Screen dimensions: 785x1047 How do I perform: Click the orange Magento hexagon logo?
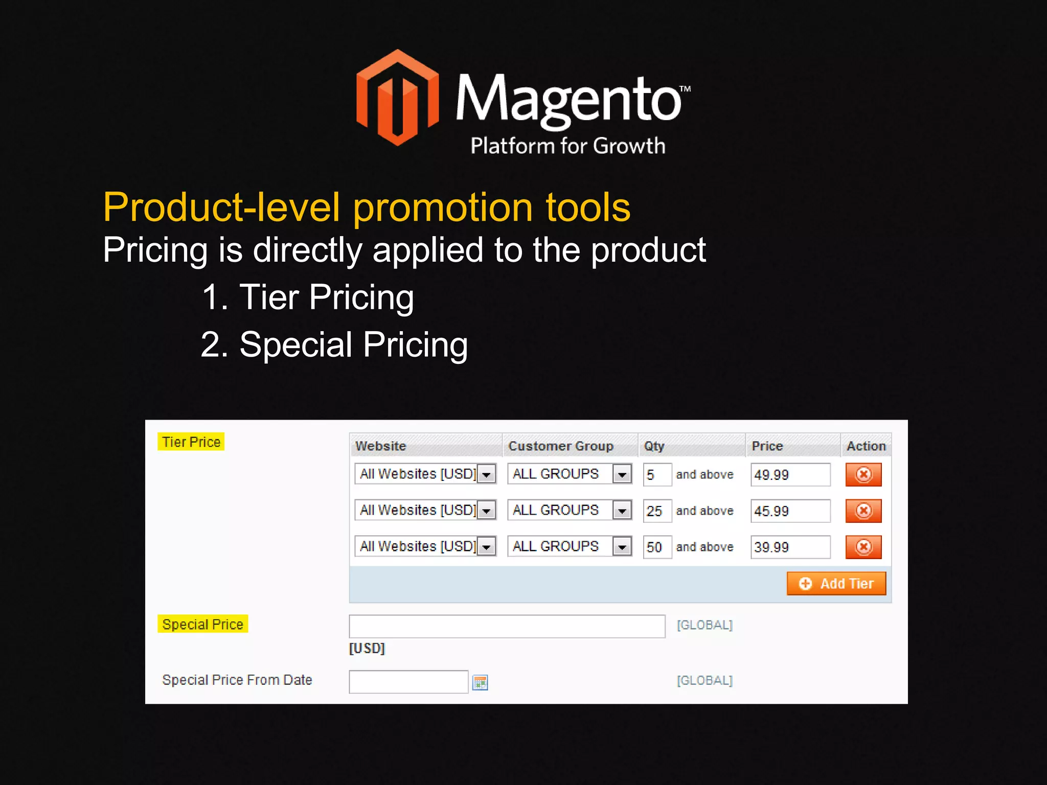coord(397,97)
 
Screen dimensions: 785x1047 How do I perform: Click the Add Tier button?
coord(836,584)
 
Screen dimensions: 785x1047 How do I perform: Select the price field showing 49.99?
coord(790,475)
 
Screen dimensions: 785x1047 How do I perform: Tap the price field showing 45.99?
coord(790,511)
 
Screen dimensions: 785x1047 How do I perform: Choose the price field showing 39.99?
coord(790,547)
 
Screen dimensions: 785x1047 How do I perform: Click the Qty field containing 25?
coord(656,511)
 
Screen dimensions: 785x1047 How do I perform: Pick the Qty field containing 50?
coord(656,547)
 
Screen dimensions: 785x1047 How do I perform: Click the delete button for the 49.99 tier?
coord(863,475)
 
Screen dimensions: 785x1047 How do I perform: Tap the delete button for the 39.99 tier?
coord(863,547)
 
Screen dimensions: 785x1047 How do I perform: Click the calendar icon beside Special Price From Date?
coord(480,683)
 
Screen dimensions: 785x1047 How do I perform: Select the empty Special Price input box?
coord(507,626)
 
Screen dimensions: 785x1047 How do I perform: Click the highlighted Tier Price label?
coord(191,442)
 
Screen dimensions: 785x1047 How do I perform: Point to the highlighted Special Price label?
coord(202,625)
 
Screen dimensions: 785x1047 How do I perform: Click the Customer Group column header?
coord(561,446)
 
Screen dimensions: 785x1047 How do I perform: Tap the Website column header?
coord(381,446)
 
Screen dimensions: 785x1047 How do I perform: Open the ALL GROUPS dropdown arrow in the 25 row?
coord(622,511)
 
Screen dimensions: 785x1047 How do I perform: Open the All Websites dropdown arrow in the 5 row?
coord(487,474)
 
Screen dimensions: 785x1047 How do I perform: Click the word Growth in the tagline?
coord(629,146)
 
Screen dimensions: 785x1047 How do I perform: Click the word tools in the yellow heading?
coord(588,207)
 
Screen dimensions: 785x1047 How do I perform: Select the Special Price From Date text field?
coord(408,682)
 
